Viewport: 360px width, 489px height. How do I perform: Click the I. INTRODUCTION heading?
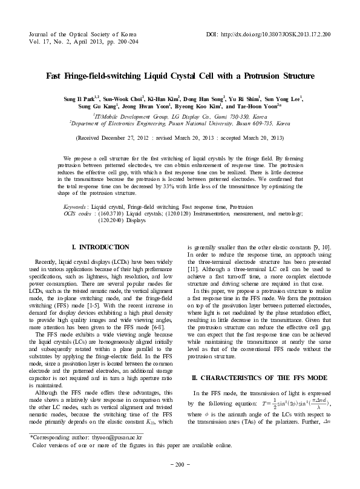100,247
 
